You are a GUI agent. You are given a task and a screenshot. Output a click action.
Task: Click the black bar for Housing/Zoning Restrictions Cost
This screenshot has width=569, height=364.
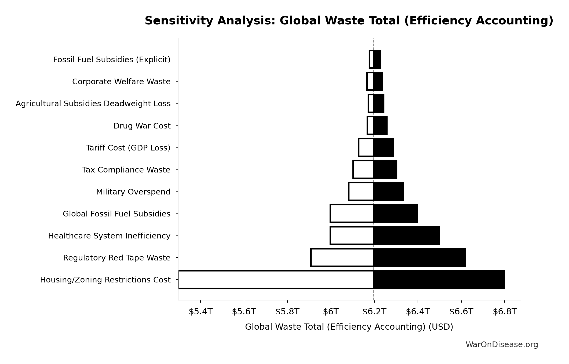coord(439,280)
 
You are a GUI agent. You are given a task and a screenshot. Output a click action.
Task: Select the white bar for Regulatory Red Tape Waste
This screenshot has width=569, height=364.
coord(342,258)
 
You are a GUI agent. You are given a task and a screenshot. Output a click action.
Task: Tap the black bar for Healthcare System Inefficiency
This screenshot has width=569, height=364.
coord(406,236)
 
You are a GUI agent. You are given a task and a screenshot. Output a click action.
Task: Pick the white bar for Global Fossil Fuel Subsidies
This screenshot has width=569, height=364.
coord(352,214)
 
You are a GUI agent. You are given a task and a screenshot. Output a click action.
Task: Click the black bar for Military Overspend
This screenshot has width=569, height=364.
coord(388,192)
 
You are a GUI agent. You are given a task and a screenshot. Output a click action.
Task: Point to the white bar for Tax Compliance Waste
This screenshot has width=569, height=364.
coord(363,170)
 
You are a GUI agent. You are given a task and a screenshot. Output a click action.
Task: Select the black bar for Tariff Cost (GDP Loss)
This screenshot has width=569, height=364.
coord(384,148)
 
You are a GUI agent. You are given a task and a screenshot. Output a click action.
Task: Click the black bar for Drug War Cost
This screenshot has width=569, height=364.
coord(380,126)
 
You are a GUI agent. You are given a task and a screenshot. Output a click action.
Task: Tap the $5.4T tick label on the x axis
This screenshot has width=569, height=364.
coord(200,312)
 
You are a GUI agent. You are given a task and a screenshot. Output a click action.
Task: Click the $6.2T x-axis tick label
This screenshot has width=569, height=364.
coord(374,312)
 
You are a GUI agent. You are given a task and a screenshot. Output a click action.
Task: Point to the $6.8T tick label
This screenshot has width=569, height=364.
coord(505,312)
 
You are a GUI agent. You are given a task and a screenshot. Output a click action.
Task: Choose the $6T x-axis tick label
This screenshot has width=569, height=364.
coord(331,312)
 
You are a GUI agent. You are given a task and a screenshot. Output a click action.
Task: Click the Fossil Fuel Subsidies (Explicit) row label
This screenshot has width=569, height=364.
coord(112,60)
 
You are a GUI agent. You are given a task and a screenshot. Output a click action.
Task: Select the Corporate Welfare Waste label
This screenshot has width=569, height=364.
coord(121,82)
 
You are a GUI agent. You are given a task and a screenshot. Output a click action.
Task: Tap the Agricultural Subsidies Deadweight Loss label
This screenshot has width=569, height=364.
coord(93,104)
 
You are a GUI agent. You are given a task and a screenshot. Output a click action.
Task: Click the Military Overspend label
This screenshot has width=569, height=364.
coord(133,192)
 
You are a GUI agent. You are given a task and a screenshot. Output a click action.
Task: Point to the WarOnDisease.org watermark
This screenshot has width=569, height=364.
coord(502,345)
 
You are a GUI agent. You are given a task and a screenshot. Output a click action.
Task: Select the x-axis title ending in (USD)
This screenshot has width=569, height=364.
coord(349,327)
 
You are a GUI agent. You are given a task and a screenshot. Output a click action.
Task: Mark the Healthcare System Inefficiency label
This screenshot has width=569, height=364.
coord(109,236)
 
